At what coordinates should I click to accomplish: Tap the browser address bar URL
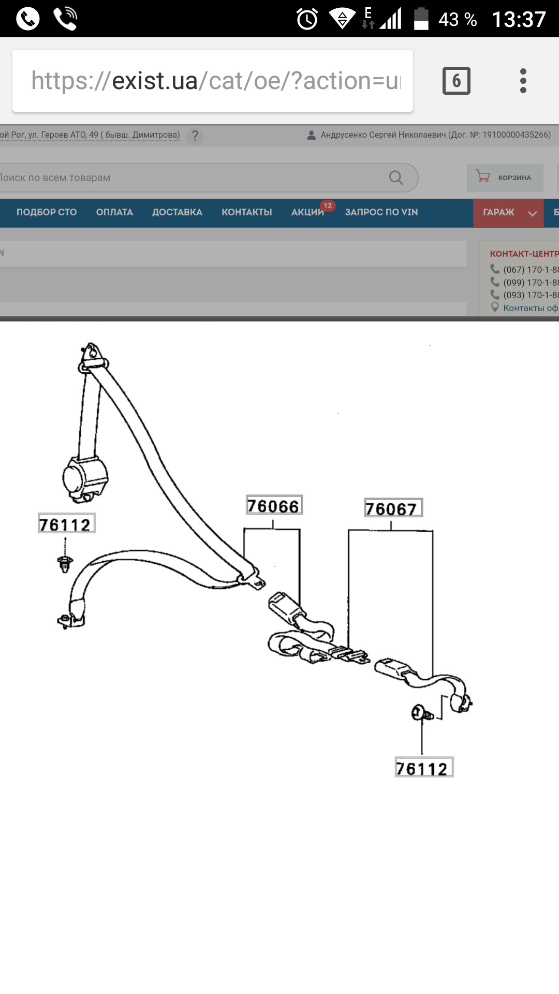tap(216, 81)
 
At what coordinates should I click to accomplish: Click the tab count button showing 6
tap(457, 81)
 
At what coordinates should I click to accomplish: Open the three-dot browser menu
tap(523, 81)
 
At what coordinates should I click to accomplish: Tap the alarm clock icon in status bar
tap(307, 19)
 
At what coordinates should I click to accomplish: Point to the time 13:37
tap(519, 20)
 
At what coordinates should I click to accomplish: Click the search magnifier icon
tap(396, 178)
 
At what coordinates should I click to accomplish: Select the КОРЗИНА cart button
tap(505, 178)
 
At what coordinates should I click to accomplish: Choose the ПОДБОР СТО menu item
tap(47, 212)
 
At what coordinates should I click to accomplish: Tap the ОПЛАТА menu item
tap(114, 212)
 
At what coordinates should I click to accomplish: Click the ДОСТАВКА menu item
tap(177, 212)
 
